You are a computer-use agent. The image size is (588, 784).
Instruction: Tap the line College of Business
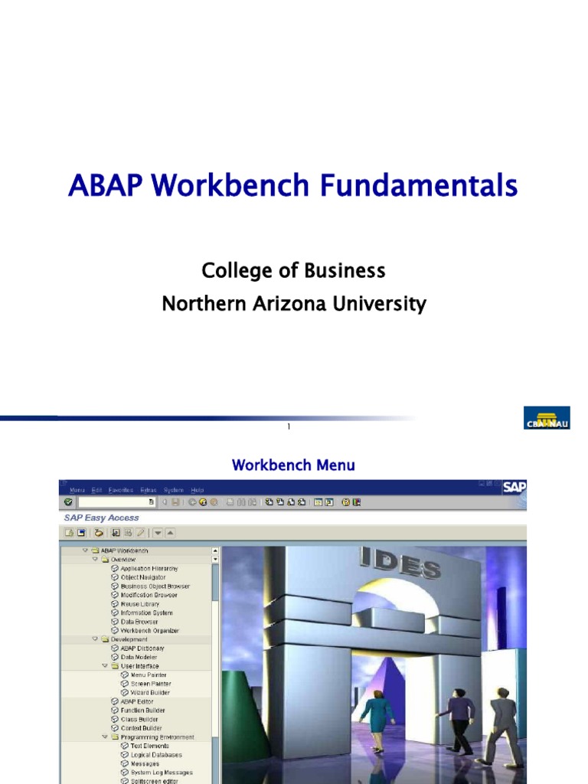coord(293,270)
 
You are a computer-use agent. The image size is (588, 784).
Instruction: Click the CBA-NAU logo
coord(547,418)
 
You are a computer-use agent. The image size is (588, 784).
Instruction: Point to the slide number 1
coord(289,426)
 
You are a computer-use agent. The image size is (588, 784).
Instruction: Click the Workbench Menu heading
coord(293,465)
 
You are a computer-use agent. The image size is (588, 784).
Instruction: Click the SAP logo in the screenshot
coord(514,487)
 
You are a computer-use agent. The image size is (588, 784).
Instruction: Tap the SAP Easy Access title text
coord(101,518)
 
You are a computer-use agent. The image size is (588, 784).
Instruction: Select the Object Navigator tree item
coord(142,577)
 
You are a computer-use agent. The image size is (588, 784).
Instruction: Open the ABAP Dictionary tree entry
coord(142,648)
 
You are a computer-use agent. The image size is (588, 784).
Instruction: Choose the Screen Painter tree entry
coord(151,684)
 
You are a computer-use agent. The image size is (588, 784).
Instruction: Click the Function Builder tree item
coord(142,710)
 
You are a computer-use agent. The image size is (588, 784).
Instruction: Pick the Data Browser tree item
coord(140,622)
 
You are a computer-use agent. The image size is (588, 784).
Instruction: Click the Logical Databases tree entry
coord(156,755)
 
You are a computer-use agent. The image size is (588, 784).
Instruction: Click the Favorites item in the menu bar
coord(120,490)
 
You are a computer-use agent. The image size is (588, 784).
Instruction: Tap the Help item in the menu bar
coord(198,490)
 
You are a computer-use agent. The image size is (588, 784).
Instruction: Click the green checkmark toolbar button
coord(68,502)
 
